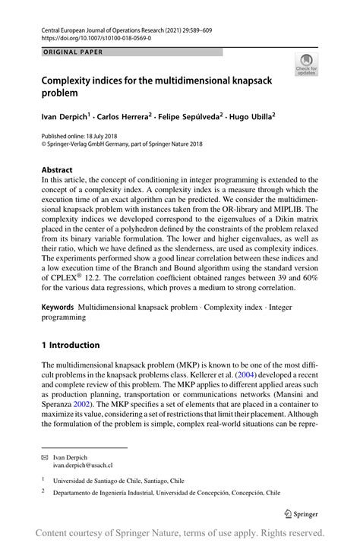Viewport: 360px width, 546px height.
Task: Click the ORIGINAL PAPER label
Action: click(x=72, y=52)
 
